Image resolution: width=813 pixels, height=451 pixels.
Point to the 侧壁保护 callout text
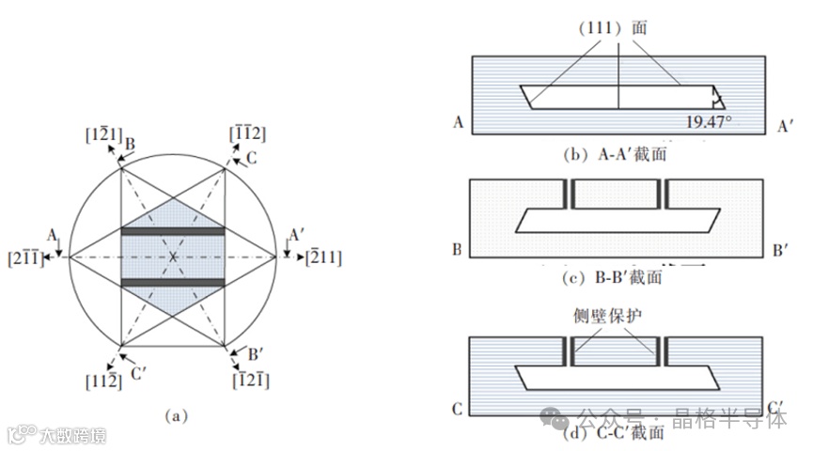coord(617,316)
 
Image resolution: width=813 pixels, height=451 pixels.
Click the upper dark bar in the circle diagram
coord(173,231)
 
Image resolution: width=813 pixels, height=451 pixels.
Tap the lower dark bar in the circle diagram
coord(173,282)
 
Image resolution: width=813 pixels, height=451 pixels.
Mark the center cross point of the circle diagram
coord(173,257)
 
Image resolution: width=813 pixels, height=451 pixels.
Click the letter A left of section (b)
coord(457,123)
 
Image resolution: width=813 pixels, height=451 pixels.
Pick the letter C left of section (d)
coord(457,410)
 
